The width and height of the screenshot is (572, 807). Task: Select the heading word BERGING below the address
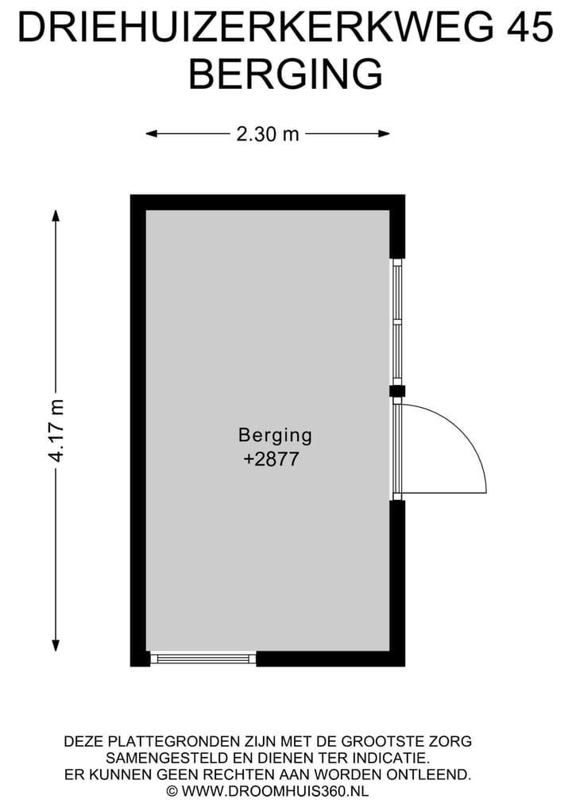click(x=285, y=74)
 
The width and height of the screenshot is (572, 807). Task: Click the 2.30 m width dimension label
click(x=268, y=134)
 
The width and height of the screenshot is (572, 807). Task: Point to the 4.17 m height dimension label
click(x=56, y=430)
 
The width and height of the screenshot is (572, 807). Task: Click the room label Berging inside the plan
click(x=275, y=435)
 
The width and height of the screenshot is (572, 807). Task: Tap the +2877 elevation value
click(x=271, y=459)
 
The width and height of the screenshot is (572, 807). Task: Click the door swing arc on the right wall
click(x=464, y=438)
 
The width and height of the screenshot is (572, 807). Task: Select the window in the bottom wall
click(x=203, y=659)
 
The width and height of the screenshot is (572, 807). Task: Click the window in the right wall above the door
click(x=397, y=321)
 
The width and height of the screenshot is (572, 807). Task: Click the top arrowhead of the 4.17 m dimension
click(x=56, y=215)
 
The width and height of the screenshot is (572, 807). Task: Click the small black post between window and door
click(x=397, y=390)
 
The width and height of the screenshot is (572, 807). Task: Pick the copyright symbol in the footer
click(x=172, y=791)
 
